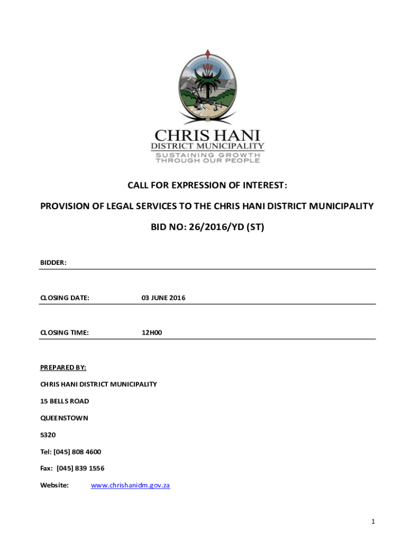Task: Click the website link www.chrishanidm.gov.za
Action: pos(130,485)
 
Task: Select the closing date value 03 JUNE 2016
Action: pos(163,298)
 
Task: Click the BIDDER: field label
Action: pos(53,263)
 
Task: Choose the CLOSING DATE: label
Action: pos(65,298)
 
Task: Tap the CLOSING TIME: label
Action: pos(64,332)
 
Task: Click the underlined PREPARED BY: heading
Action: pos(63,367)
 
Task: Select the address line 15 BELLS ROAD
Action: pos(64,401)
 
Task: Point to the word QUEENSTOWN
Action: pos(64,418)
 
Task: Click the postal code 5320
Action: pos(48,435)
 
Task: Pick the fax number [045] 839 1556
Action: pos(80,468)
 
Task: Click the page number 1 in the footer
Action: pos(373,521)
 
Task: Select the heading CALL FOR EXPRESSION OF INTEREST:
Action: pos(207,185)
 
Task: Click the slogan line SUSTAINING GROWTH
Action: pos(207,155)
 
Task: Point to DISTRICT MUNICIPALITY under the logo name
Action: pos(207,146)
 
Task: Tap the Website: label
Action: pos(55,485)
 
